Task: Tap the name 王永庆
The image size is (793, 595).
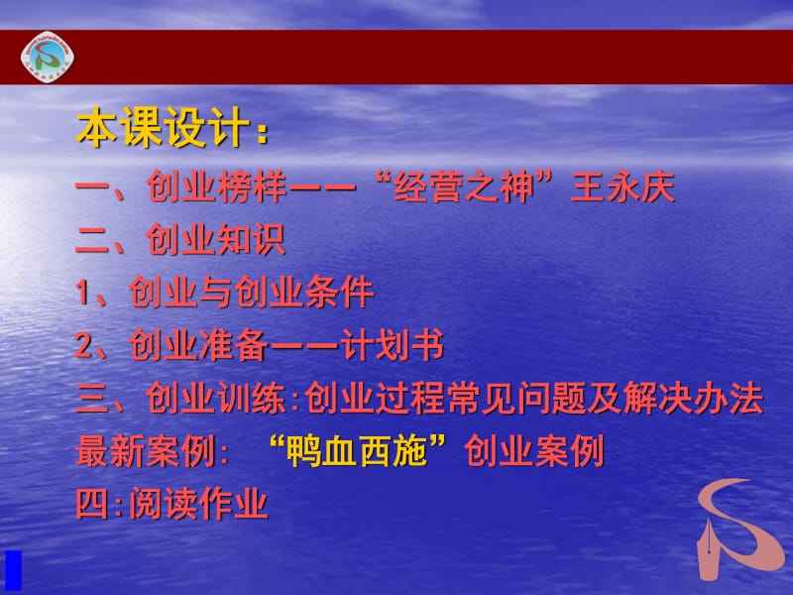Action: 623,185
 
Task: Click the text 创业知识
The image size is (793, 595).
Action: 216,239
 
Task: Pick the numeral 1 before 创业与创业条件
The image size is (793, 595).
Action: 83,293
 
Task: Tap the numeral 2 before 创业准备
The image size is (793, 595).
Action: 84,346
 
